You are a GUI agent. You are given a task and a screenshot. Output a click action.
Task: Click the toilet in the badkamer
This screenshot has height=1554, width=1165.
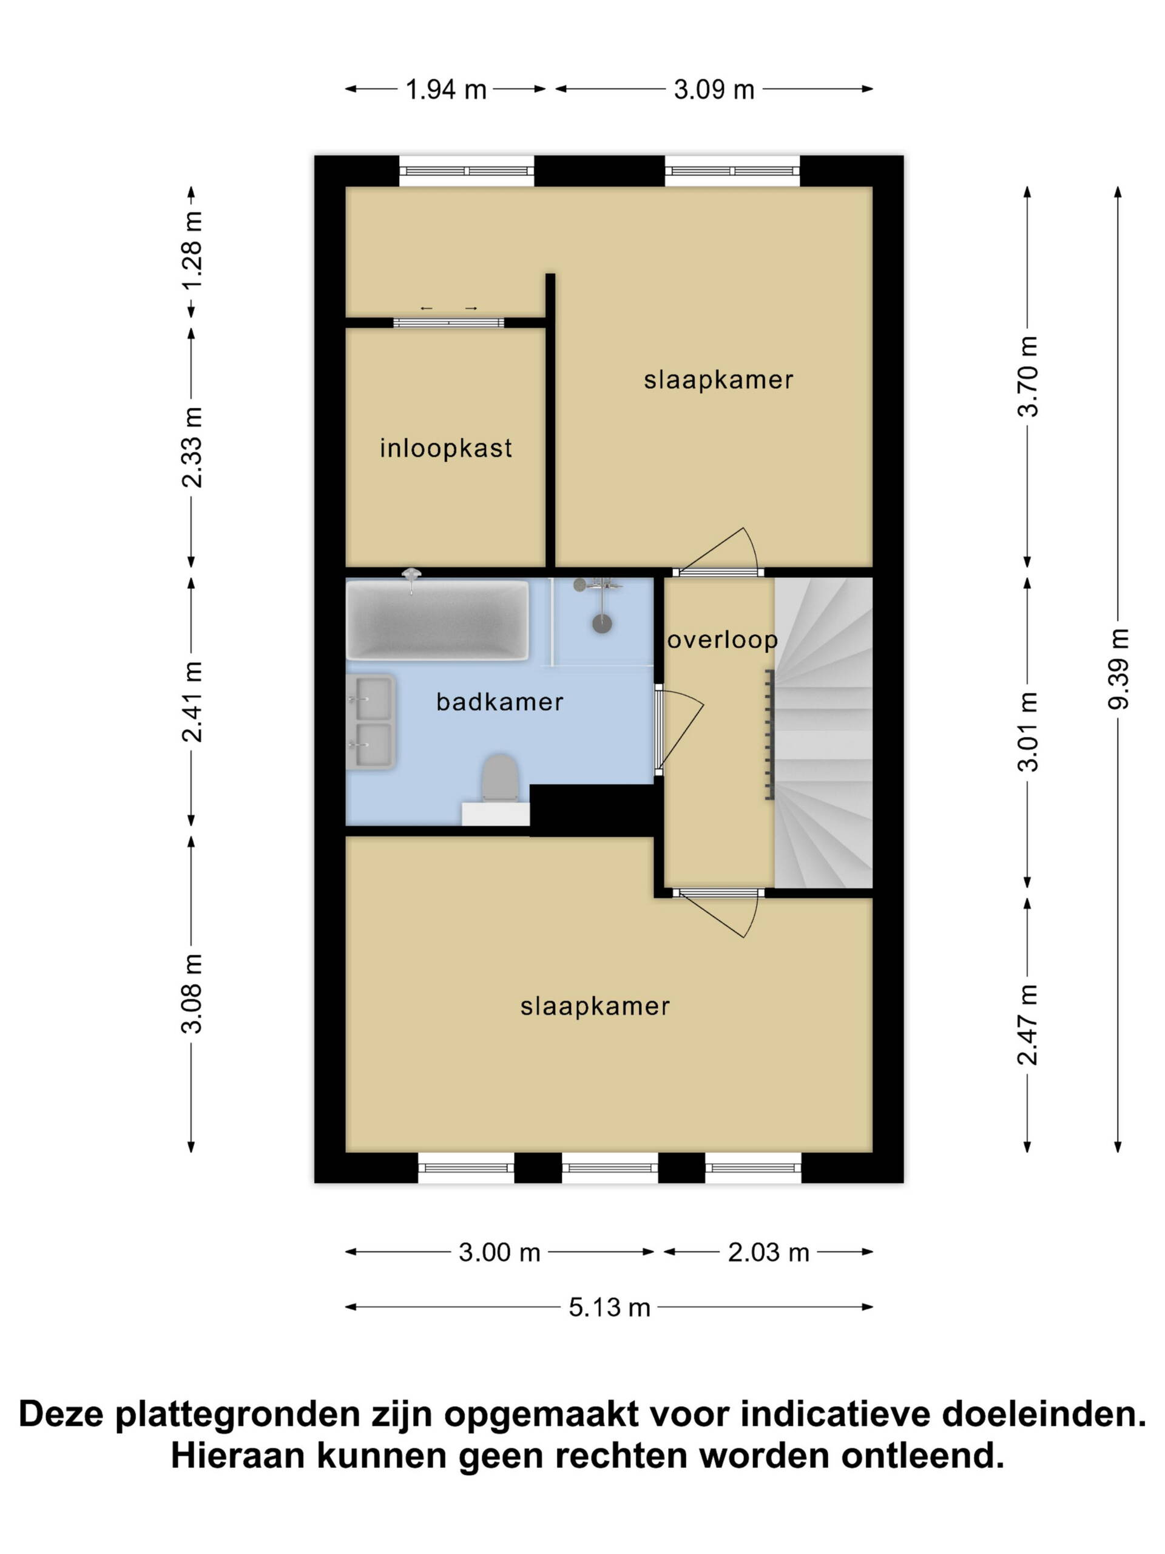pos(499,778)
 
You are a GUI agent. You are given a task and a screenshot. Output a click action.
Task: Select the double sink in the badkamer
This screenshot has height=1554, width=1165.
pos(370,722)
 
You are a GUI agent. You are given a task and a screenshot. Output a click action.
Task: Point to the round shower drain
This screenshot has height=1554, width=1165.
pos(602,622)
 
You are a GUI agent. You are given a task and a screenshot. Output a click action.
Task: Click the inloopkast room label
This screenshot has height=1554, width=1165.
pos(446,447)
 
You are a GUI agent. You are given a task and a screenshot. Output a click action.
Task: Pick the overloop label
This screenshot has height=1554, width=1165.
pos(723,639)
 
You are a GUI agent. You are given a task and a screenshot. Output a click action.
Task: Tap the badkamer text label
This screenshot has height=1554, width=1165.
pos(499,701)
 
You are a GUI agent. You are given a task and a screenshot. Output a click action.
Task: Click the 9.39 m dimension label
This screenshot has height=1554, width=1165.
pos(1118,669)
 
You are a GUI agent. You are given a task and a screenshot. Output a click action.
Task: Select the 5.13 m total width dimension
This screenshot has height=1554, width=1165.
pos(609,1308)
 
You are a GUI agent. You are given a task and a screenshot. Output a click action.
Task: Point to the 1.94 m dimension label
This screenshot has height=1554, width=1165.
pos(446,89)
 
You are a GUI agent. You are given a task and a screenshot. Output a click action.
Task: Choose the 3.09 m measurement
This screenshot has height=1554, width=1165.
pos(714,89)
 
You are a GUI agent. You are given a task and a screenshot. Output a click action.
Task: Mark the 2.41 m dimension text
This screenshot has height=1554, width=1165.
pos(192,701)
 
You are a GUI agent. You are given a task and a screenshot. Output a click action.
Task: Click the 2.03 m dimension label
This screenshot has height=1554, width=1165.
pos(768,1252)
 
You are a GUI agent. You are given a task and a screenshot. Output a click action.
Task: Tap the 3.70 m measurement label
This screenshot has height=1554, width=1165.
pos(1028,376)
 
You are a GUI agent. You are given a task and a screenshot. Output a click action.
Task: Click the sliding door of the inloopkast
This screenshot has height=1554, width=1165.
pos(448,322)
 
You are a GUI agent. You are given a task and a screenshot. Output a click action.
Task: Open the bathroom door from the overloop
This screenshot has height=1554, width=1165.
pos(659,732)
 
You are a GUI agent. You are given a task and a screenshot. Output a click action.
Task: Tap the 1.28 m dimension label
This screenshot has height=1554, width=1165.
pos(192,249)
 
